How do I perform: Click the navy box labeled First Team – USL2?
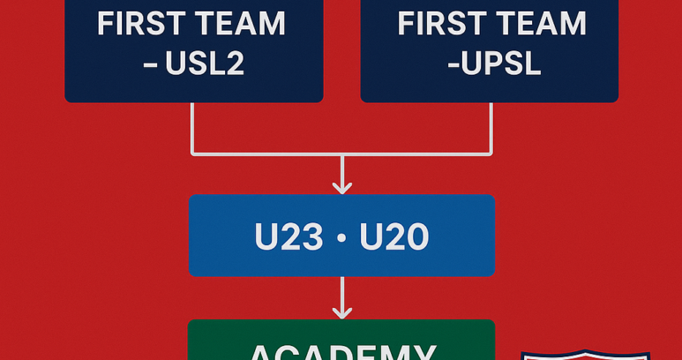tap(193, 50)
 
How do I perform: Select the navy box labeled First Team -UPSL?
tap(490, 50)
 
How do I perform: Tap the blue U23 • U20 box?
tap(341, 236)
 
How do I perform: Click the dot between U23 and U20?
tap(341, 237)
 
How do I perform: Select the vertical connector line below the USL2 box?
tap(193, 129)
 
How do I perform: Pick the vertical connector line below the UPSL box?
tap(490, 129)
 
